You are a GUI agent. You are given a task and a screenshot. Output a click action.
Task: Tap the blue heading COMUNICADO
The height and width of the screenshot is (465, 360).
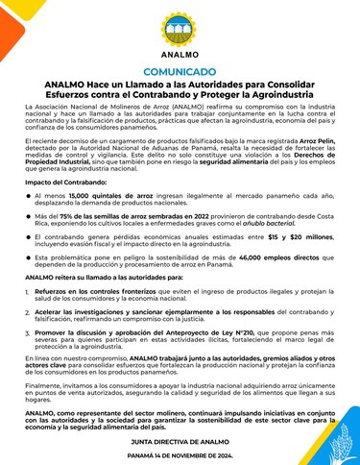coord(180,72)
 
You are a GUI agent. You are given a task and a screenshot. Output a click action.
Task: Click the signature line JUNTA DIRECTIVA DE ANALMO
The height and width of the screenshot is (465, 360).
coord(180,436)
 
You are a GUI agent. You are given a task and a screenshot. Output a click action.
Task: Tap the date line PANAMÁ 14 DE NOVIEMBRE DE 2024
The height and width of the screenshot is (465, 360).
coord(180,449)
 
